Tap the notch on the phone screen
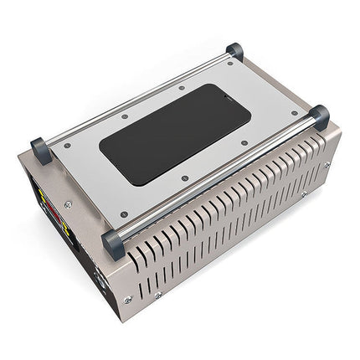(235, 107)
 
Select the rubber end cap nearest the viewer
(113, 244)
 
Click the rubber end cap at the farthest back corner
(235, 52)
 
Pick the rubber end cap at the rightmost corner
(319, 116)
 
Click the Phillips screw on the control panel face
(68, 204)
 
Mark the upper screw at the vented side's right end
(327, 165)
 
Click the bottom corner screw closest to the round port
(127, 300)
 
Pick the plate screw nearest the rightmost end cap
(295, 113)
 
